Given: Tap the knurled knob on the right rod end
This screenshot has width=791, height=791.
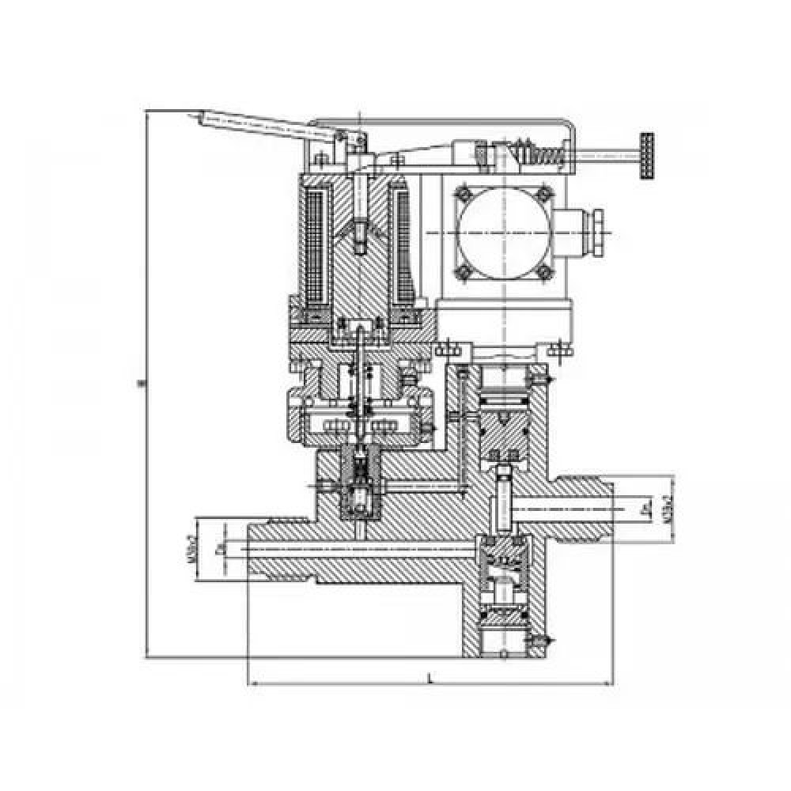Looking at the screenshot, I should tap(649, 156).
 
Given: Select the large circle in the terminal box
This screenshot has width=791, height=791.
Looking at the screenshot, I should tap(504, 234).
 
